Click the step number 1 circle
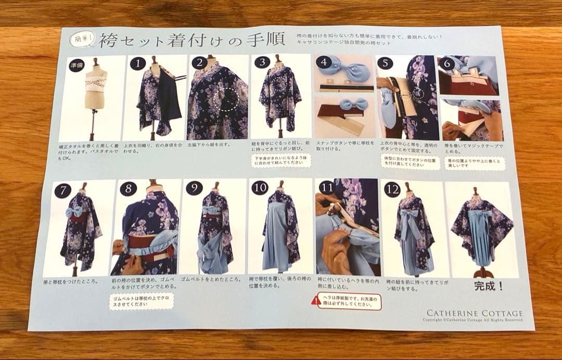pos(137,64)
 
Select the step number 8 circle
pos(128,189)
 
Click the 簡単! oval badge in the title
pos(82,37)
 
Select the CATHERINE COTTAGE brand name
pos(475,313)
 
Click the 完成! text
pos(489,286)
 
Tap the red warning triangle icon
pos(316,300)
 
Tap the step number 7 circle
pos(62,190)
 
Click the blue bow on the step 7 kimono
pos(73,211)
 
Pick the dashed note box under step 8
pos(141,301)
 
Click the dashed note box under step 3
pos(280,160)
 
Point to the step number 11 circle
pos(326,187)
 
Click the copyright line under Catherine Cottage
pos(472,320)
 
